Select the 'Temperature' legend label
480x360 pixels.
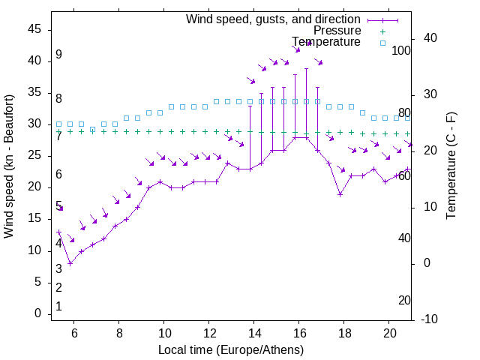pyautogui.click(x=326, y=42)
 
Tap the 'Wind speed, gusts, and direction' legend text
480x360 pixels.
pyautogui.click(x=273, y=19)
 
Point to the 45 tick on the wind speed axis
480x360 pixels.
pyautogui.click(x=34, y=29)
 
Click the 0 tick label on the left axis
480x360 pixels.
pyautogui.click(x=37, y=313)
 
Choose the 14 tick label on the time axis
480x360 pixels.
pyautogui.click(x=254, y=334)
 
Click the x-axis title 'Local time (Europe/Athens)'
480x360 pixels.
pyautogui.click(x=231, y=350)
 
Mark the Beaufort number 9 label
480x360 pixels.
pyautogui.click(x=58, y=55)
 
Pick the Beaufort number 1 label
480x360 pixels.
pyautogui.click(x=58, y=307)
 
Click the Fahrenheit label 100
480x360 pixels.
pyautogui.click(x=401, y=50)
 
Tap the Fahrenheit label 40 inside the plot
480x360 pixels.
pyautogui.click(x=404, y=238)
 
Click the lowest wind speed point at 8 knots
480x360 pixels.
pyautogui.click(x=70, y=263)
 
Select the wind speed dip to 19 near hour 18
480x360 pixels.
pyautogui.click(x=340, y=194)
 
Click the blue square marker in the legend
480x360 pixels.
pyautogui.click(x=382, y=43)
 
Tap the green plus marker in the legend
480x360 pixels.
pyautogui.click(x=382, y=31)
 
